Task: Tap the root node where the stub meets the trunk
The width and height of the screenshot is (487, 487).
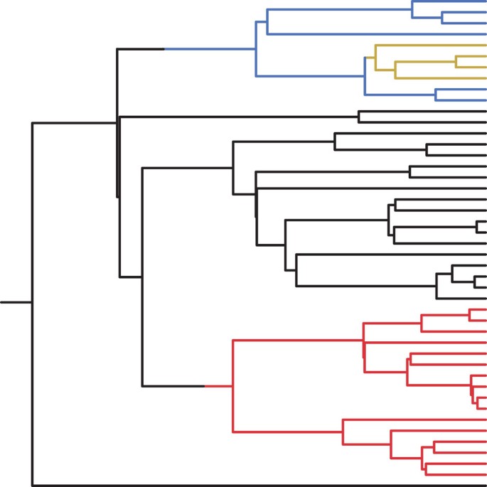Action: (32, 302)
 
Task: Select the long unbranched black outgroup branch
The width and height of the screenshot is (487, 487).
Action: (256, 486)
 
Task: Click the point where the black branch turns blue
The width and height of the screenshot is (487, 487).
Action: (165, 49)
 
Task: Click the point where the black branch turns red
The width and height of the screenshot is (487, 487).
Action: (205, 386)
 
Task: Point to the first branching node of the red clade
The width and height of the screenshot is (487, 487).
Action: (234, 386)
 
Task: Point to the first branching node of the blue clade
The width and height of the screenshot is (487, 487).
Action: (256, 49)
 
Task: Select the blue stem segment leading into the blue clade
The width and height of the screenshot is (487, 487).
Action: (210, 49)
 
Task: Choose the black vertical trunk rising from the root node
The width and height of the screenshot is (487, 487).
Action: (32, 213)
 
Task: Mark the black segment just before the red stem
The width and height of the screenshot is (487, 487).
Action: (174, 386)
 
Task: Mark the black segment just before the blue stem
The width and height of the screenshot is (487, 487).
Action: (141, 49)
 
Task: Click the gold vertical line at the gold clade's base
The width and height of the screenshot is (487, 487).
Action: (375, 58)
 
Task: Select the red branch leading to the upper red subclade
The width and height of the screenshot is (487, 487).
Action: (299, 341)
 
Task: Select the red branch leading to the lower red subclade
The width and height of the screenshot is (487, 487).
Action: (288, 432)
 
